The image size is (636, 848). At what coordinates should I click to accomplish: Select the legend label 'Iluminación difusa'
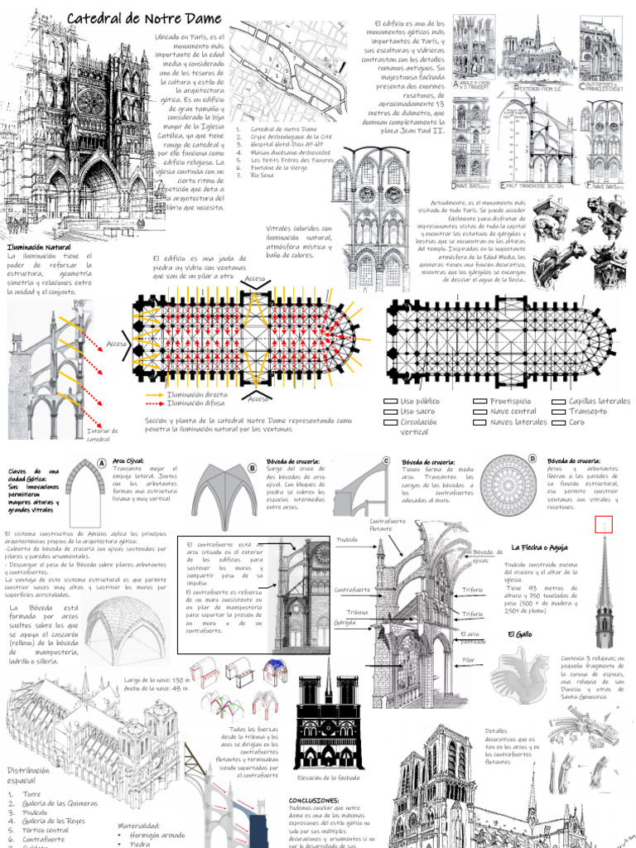pyautogui.click(x=196, y=404)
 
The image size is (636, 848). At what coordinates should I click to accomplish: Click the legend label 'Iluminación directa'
pyautogui.click(x=198, y=396)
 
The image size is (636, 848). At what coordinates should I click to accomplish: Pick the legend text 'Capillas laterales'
pyautogui.click(x=600, y=401)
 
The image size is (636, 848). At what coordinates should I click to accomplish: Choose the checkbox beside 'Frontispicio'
pyautogui.click(x=479, y=402)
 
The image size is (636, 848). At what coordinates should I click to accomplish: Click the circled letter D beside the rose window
pyautogui.click(x=532, y=459)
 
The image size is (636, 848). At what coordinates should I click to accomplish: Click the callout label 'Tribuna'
pyautogui.click(x=357, y=612)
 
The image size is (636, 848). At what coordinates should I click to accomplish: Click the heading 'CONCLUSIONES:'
pyautogui.click(x=314, y=801)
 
